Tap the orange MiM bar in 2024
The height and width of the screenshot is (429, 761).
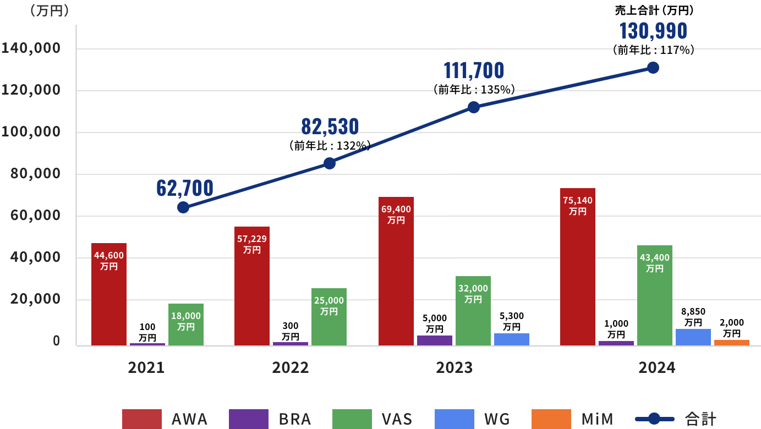(x=731, y=343)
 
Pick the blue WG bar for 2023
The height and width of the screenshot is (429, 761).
(x=511, y=339)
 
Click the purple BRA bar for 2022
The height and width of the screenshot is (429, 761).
(x=291, y=344)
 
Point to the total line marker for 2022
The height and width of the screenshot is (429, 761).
(x=329, y=163)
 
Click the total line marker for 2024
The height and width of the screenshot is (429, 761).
(x=653, y=68)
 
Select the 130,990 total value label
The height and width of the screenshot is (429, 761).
(x=653, y=31)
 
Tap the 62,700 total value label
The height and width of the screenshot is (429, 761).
(x=185, y=188)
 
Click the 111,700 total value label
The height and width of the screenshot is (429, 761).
(x=474, y=70)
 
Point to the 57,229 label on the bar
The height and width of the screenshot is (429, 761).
(x=251, y=239)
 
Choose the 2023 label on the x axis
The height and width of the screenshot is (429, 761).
(x=454, y=368)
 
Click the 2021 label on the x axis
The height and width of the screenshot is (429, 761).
(x=146, y=368)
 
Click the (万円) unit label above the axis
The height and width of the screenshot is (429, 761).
(x=50, y=11)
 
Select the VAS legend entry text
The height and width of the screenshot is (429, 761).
(x=397, y=419)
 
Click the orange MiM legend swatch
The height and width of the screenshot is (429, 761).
(x=551, y=419)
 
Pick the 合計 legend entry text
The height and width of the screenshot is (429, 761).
(x=700, y=419)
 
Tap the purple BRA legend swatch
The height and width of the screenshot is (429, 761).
(x=248, y=419)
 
